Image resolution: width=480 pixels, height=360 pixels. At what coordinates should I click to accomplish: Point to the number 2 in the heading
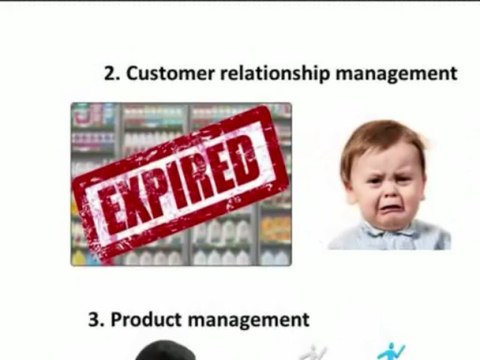click(111, 73)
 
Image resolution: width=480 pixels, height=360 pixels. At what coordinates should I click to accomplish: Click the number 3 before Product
click(95, 320)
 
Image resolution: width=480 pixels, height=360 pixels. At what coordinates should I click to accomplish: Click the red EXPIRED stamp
click(181, 184)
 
